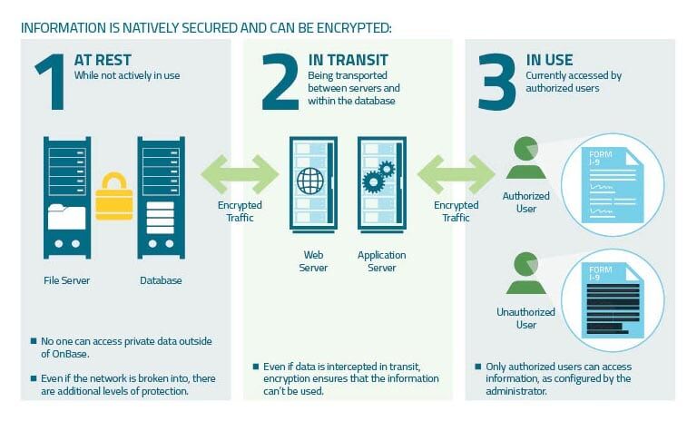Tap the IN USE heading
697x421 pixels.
coord(550,61)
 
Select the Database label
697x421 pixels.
coord(161,280)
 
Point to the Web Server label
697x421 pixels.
coord(312,261)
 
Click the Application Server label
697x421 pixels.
coord(381,261)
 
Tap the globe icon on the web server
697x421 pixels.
coord(310,181)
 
